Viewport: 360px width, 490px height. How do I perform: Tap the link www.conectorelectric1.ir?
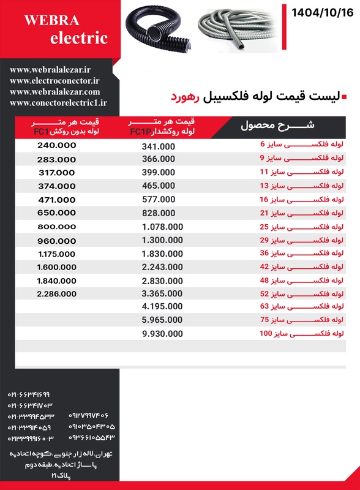pos(58,104)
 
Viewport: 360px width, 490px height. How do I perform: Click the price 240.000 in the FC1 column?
pos(56,146)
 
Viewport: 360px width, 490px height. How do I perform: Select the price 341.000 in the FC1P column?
pos(158,147)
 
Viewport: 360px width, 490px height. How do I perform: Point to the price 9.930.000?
pos(162,334)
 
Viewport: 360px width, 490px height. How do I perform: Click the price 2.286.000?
pos(56,294)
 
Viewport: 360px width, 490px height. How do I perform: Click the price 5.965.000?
pos(162,320)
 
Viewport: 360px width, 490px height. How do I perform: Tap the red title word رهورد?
pos(184,97)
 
